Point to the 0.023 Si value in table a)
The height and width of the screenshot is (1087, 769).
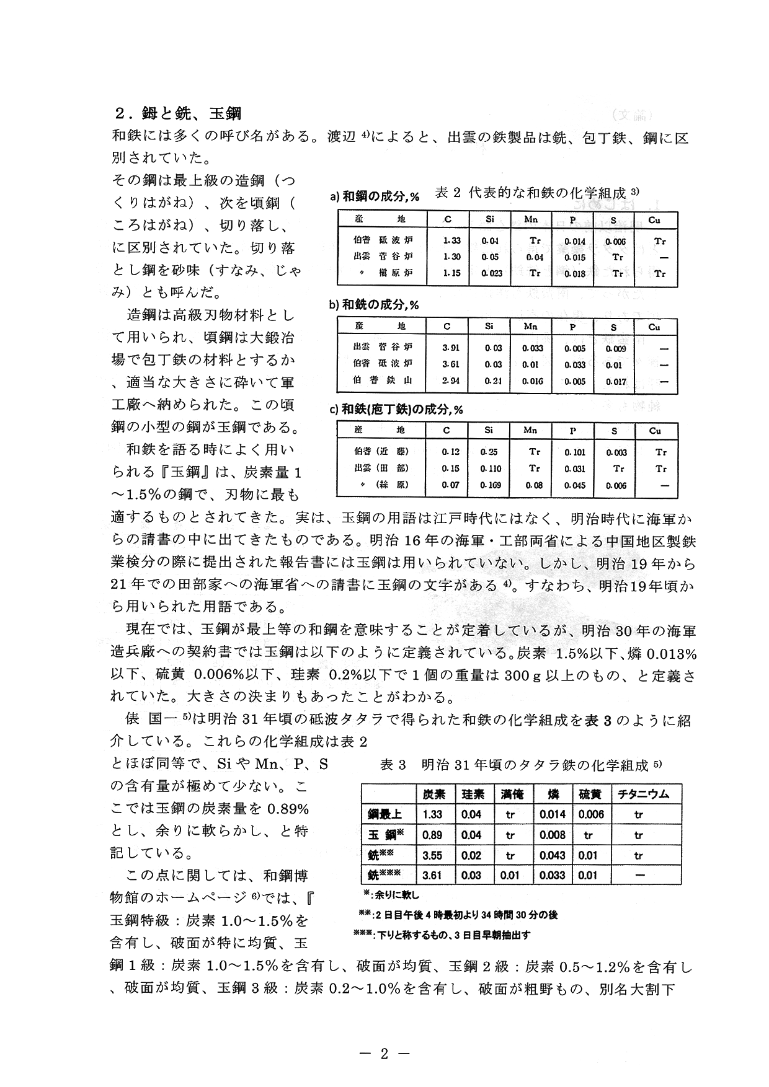point(492,273)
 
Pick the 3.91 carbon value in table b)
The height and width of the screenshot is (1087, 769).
point(451,348)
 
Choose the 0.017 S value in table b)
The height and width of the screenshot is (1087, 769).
point(616,382)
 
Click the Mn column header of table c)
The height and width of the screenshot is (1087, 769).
point(531,431)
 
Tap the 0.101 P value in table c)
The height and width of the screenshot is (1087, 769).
point(575,452)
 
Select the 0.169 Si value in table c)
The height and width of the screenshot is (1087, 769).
point(492,485)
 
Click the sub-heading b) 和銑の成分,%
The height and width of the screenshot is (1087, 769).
point(374,305)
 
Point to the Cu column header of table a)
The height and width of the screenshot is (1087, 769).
point(654,220)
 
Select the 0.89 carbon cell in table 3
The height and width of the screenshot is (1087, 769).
point(432,835)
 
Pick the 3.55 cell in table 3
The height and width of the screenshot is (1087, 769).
point(432,855)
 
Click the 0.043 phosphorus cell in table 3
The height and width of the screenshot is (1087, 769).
point(553,855)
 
